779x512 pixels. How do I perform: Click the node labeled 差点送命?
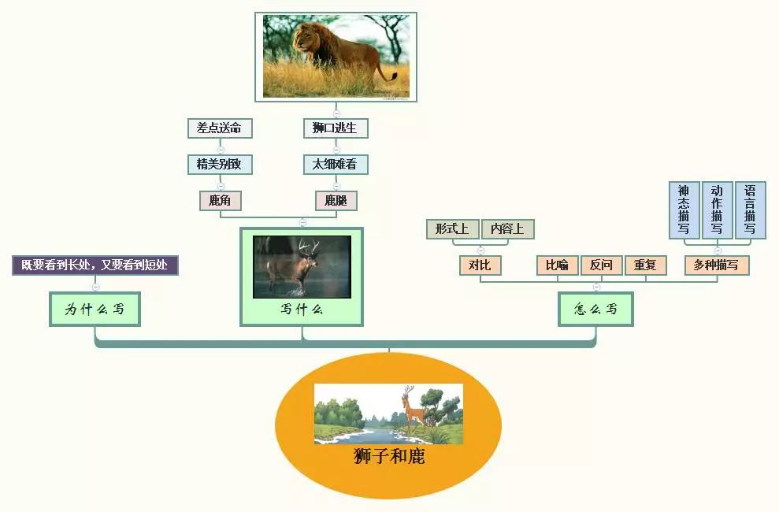coord(220,128)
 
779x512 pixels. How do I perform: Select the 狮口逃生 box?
coord(336,128)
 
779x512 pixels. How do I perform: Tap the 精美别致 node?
coord(220,165)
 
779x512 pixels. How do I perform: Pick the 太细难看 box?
coord(336,165)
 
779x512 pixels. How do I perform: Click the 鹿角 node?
coord(220,201)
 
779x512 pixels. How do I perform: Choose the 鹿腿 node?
coord(336,201)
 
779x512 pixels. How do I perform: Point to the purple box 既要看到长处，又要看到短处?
coord(95,265)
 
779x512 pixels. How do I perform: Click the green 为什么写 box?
coord(95,309)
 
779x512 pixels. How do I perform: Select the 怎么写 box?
coord(595,309)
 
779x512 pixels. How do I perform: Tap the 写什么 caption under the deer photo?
coord(302,310)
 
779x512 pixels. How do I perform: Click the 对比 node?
coord(480,265)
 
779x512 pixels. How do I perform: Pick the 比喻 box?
coord(557,265)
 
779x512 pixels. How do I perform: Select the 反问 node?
coord(601,265)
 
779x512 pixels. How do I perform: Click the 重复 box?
coord(645,265)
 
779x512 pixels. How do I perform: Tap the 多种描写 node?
coord(716,265)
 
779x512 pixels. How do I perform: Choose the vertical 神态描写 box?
coord(684,210)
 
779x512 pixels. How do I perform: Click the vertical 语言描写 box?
coord(750,210)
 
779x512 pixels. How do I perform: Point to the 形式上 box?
coord(452,228)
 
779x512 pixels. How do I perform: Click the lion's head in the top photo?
coord(308,39)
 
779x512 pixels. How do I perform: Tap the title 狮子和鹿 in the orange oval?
coord(389,456)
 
